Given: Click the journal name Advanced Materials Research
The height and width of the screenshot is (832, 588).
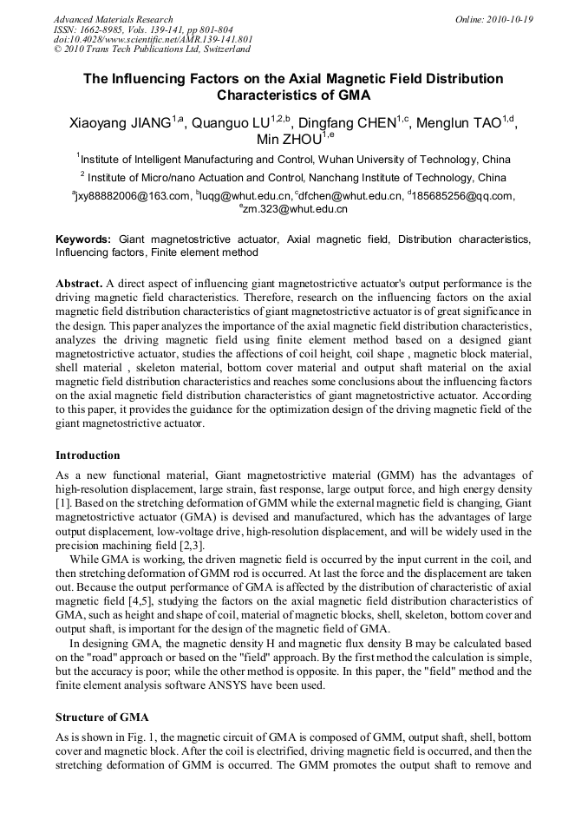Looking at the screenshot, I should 113,18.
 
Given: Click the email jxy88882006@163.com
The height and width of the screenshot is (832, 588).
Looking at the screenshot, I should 134,196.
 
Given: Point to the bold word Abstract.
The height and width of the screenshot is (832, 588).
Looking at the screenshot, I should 79,284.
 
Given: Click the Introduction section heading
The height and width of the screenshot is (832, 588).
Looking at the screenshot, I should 88,455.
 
